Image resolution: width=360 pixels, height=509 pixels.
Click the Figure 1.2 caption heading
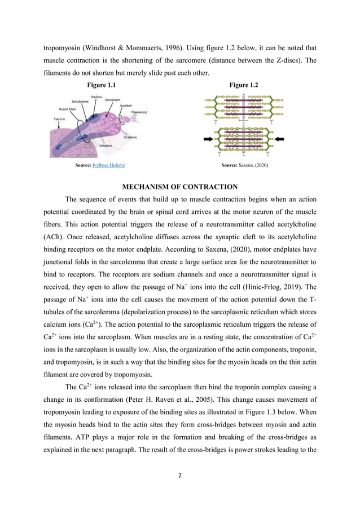pyautogui.click(x=244, y=85)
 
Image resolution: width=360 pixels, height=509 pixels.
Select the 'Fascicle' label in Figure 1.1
pyautogui.click(x=59, y=119)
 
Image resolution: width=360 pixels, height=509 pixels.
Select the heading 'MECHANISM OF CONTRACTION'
pyautogui.click(x=180, y=187)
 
